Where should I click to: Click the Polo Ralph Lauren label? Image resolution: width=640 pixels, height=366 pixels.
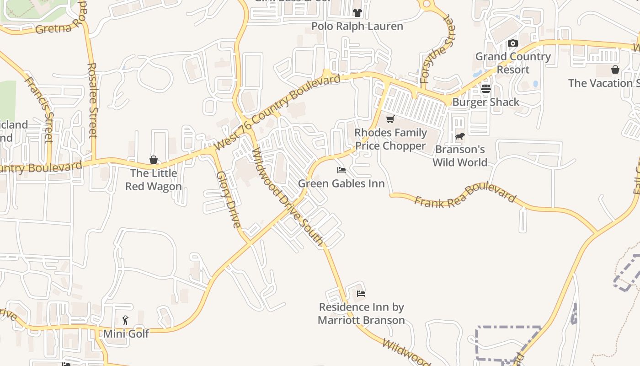357,26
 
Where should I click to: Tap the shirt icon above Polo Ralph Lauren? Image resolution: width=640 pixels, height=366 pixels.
357,13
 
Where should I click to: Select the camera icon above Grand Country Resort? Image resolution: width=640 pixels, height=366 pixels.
513,43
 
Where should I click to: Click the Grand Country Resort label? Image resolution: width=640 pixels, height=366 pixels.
513,63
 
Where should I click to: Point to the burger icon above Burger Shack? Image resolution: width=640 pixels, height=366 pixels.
485,89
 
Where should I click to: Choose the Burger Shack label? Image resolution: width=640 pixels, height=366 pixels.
485,102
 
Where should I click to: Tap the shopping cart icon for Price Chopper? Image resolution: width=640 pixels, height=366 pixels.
390,119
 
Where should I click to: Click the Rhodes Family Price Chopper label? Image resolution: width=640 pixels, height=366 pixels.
390,139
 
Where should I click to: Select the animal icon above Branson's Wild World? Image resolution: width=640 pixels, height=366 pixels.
460,136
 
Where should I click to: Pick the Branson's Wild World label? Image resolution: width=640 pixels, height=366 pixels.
460,156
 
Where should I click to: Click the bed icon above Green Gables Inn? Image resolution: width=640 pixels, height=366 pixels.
341,170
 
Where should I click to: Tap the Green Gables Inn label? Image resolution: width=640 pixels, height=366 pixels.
341,183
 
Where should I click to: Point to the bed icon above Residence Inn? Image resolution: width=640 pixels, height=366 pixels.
361,294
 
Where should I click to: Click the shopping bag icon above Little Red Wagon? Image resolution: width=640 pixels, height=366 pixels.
154,160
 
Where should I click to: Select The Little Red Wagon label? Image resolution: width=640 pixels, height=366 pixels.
154,180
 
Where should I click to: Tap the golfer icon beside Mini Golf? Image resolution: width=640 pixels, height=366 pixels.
126,320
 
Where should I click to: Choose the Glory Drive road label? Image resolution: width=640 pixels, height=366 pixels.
228,199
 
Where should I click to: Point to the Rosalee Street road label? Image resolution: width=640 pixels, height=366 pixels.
93,100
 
